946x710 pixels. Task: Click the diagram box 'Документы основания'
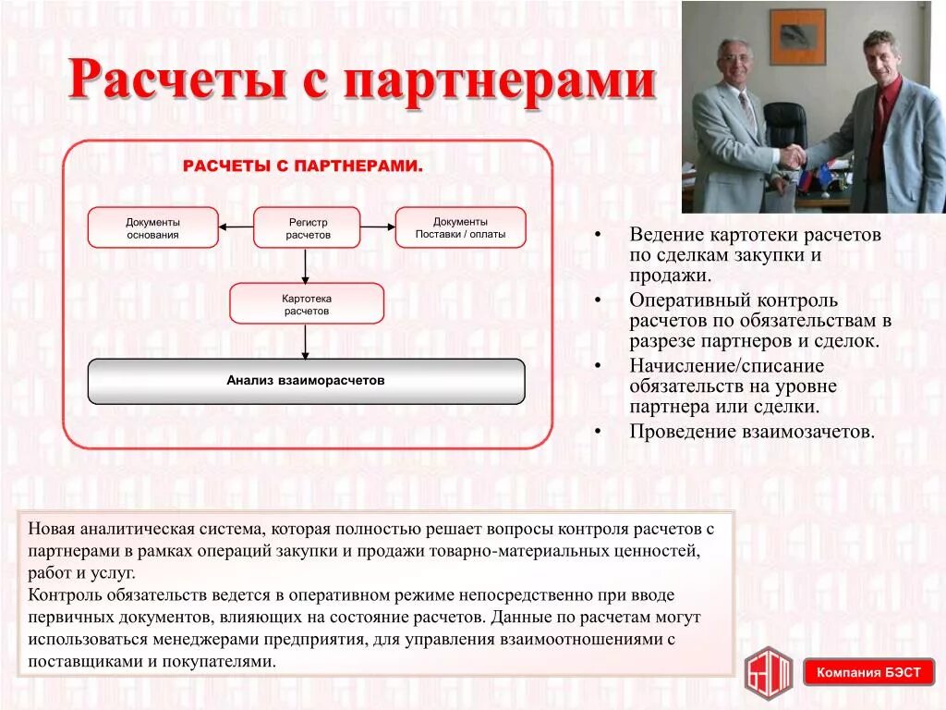pos(153,227)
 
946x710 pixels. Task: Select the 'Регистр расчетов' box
pos(307,227)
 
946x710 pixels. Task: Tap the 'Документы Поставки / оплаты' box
pos(460,227)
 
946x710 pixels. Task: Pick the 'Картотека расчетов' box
pos(307,304)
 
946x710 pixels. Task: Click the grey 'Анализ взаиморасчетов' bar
pos(306,381)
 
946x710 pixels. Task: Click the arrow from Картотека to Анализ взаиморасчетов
pos(306,341)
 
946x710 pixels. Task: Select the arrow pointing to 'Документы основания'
pos(236,226)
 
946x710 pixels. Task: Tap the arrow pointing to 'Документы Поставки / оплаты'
pos(377,226)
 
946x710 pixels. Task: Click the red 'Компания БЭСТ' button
pos(867,672)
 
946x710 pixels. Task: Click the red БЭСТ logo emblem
pos(769,669)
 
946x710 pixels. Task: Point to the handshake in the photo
pos(792,156)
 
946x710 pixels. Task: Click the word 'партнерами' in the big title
pos(500,82)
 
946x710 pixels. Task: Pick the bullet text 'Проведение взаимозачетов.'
pos(751,431)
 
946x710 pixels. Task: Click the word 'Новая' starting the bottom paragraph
pos(50,530)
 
